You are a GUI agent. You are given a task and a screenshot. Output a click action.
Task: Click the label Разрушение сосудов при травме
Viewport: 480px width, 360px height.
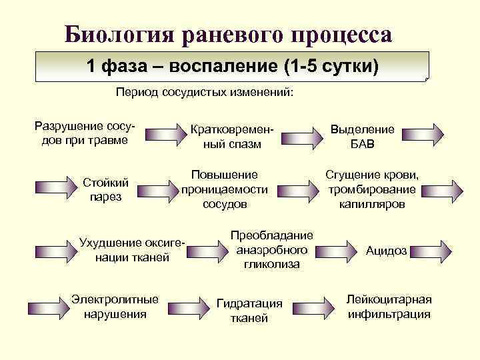[x=81, y=132]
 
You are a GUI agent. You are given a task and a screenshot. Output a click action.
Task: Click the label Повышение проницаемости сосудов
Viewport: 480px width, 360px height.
[x=225, y=189]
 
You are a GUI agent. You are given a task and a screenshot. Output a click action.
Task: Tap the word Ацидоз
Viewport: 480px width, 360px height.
[x=386, y=251]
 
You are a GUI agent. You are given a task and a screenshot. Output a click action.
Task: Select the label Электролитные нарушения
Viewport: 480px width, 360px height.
[x=115, y=306]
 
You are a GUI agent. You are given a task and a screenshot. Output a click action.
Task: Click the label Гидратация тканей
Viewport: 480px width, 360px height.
[x=249, y=311]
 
